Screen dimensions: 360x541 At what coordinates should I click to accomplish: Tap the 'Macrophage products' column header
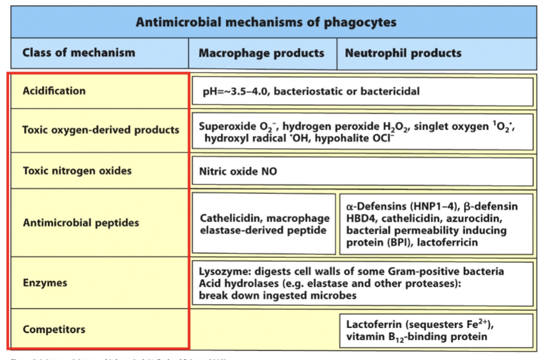point(261,53)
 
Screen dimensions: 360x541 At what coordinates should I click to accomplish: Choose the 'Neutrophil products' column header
point(403,53)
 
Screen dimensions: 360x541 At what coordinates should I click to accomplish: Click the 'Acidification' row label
point(54,91)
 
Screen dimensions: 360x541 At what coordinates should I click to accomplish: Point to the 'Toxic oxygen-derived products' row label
point(101,130)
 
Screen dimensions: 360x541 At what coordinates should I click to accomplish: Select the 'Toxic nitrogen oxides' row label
point(77,171)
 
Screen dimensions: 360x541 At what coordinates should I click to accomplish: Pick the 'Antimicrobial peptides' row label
point(81,223)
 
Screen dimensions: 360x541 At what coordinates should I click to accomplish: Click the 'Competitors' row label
point(54,329)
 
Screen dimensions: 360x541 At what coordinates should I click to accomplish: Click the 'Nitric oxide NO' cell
point(238,172)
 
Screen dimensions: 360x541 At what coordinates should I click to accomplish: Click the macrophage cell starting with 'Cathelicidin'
point(264,223)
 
